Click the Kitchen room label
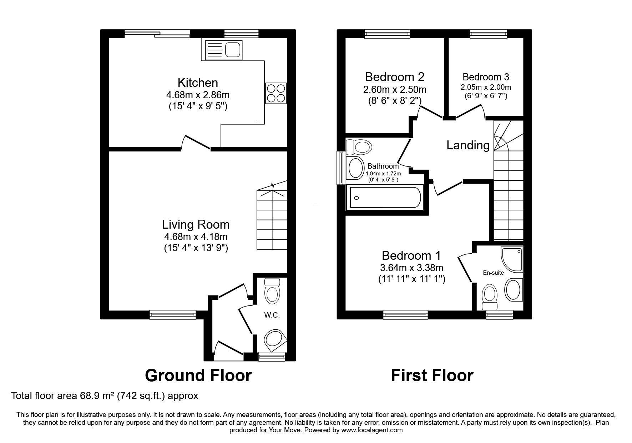click(x=198, y=83)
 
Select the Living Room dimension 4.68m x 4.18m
click(x=196, y=237)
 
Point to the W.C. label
click(x=272, y=315)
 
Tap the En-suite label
click(x=493, y=273)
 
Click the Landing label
click(x=468, y=145)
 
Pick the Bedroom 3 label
click(x=486, y=77)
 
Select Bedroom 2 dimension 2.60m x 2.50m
click(x=394, y=89)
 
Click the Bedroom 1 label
click(x=411, y=255)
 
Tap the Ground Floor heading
click(x=198, y=375)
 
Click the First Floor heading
click(x=432, y=375)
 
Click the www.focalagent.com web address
click(x=372, y=430)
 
